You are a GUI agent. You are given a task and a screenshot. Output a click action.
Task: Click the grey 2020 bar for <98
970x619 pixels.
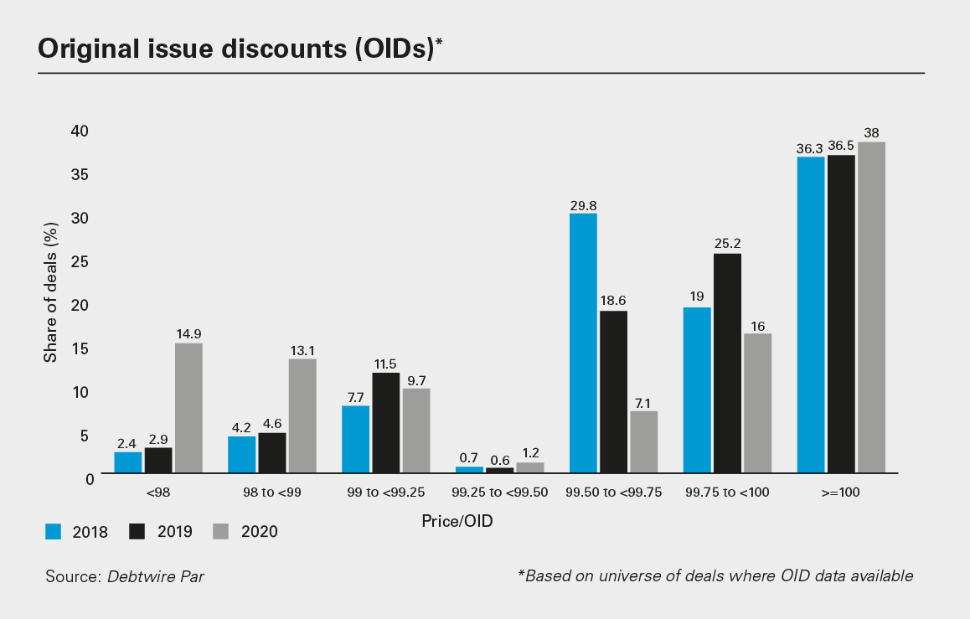pyautogui.click(x=188, y=409)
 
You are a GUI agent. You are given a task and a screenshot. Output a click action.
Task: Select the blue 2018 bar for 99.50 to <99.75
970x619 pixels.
pyautogui.click(x=583, y=343)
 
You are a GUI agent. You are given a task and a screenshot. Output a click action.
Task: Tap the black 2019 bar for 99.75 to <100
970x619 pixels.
pyautogui.click(x=727, y=364)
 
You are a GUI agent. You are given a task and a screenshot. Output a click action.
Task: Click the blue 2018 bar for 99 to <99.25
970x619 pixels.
pyautogui.click(x=355, y=440)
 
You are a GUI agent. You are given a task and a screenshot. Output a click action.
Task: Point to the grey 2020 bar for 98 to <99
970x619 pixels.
pyautogui.click(x=302, y=416)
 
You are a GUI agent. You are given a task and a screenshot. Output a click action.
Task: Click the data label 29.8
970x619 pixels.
pyautogui.click(x=583, y=204)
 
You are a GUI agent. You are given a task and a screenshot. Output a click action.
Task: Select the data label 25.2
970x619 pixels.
pyautogui.click(x=727, y=244)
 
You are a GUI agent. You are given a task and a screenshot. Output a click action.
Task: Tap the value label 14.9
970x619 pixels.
pyautogui.click(x=188, y=333)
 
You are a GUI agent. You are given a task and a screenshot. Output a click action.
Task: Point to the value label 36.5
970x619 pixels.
pyautogui.click(x=841, y=146)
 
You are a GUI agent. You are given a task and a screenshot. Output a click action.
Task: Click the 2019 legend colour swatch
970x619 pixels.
pyautogui.click(x=139, y=530)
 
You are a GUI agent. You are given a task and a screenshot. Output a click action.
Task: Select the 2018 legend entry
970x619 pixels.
pyautogui.click(x=76, y=531)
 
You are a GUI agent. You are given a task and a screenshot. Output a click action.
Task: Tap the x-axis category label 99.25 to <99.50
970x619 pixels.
pyautogui.click(x=499, y=493)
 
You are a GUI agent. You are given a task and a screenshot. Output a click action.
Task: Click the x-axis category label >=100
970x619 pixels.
pyautogui.click(x=841, y=493)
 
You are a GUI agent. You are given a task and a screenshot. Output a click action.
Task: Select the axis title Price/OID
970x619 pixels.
pyautogui.click(x=457, y=521)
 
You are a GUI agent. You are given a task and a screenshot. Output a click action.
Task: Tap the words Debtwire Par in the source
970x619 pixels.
pyautogui.click(x=155, y=576)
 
